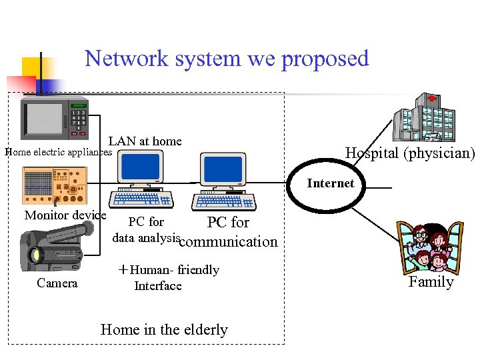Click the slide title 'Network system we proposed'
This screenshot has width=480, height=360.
[x=227, y=59]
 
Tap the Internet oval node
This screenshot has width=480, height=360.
[x=331, y=183]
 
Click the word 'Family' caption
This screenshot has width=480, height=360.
[x=431, y=282]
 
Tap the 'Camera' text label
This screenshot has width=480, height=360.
[x=57, y=283]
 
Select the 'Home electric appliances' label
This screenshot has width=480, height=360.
[x=59, y=152]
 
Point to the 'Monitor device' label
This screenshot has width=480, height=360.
[x=65, y=215]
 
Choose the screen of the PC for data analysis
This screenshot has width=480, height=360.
[x=141, y=166]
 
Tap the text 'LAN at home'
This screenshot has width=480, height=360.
[x=145, y=141]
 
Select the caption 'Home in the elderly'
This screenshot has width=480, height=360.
[x=164, y=329]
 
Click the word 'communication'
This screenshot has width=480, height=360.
[x=229, y=241]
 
